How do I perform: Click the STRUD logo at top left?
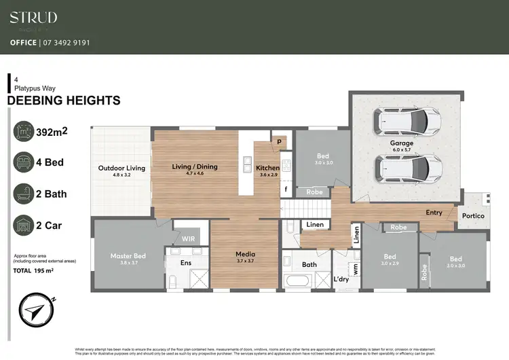33,18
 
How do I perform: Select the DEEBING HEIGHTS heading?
63,101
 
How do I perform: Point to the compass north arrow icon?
35,311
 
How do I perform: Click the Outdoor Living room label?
121,168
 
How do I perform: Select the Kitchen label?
267,168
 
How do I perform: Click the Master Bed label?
128,256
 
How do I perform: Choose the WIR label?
188,239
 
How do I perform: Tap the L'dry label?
341,279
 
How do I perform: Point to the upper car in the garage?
402,122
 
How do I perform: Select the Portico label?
473,216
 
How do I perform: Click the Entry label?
434,213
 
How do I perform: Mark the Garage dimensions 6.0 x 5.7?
401,150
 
